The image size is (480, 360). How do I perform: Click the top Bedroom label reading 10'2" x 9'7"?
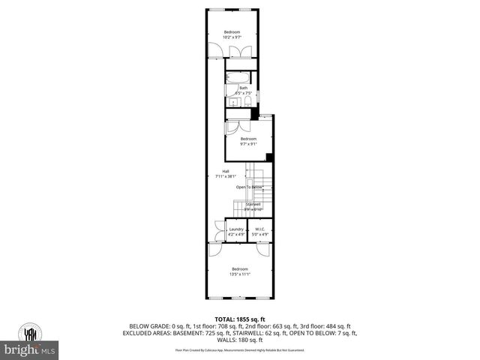point(232,34)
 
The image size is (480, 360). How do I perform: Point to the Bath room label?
point(243,91)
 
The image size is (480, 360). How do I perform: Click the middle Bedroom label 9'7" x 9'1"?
point(248,141)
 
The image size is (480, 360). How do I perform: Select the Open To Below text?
point(250,187)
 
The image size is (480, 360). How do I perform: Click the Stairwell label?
point(253,206)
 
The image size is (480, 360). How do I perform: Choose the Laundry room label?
point(236,232)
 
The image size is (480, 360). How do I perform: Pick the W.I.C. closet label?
point(260,232)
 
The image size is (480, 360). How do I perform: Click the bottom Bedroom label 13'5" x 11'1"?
point(239,271)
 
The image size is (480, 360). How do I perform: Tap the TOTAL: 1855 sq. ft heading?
point(240,319)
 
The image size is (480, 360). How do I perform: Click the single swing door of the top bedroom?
point(216,51)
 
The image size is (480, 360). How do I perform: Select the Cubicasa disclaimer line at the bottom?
point(240,349)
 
